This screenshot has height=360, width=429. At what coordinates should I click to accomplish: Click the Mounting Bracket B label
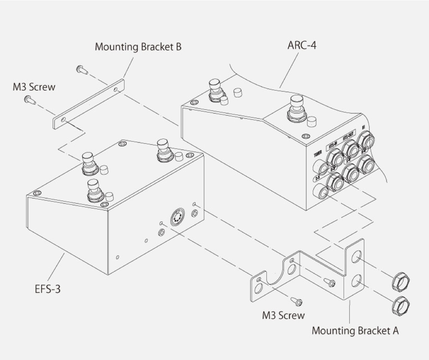click(x=138, y=47)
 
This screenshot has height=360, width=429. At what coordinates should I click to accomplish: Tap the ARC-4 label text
click(x=302, y=45)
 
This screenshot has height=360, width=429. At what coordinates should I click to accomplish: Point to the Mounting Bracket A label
click(x=355, y=331)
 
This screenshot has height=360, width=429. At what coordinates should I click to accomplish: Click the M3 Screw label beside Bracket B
click(x=33, y=87)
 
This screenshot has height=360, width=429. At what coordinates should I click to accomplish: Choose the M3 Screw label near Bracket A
click(x=283, y=315)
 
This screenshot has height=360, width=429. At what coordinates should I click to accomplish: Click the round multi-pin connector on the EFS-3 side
click(x=177, y=217)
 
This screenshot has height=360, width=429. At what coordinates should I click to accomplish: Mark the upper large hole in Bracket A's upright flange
click(x=356, y=258)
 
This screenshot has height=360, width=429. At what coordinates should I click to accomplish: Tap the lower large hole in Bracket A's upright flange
click(x=356, y=282)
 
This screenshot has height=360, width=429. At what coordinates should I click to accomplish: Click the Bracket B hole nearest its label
click(x=116, y=90)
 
